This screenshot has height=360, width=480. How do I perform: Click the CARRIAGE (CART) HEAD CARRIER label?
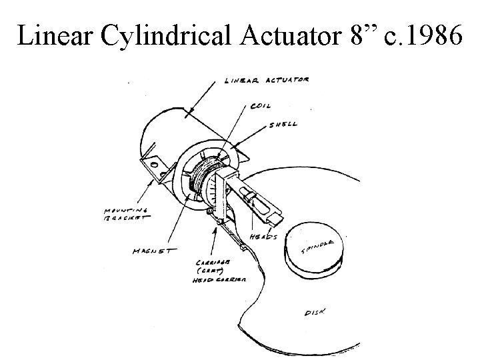221,272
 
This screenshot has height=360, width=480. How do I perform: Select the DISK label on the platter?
314,312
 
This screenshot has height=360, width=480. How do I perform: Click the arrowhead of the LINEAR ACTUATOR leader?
190,111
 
